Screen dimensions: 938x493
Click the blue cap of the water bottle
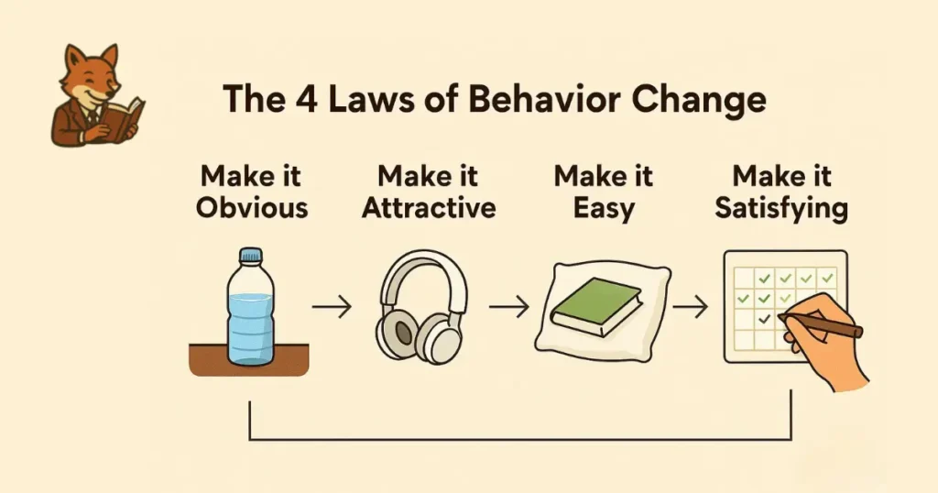pyautogui.click(x=251, y=256)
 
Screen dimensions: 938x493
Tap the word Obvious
pyautogui.click(x=252, y=208)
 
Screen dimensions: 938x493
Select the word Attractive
pyautogui.click(x=429, y=208)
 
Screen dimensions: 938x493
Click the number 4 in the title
pyautogui.click(x=306, y=99)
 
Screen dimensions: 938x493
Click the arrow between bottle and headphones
pyautogui.click(x=332, y=307)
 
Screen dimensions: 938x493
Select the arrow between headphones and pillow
pyautogui.click(x=509, y=307)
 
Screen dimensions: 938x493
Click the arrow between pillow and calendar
pyautogui.click(x=690, y=307)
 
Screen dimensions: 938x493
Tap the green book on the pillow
pyautogui.click(x=596, y=304)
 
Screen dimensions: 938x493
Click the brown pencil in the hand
pyautogui.click(x=821, y=324)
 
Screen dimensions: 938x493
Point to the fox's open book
pyautogui.click(x=126, y=117)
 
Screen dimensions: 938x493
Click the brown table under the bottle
pyautogui.click(x=249, y=359)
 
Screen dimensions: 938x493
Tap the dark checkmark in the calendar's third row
pyautogui.click(x=764, y=319)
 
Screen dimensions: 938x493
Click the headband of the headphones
pyautogui.click(x=424, y=272)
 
